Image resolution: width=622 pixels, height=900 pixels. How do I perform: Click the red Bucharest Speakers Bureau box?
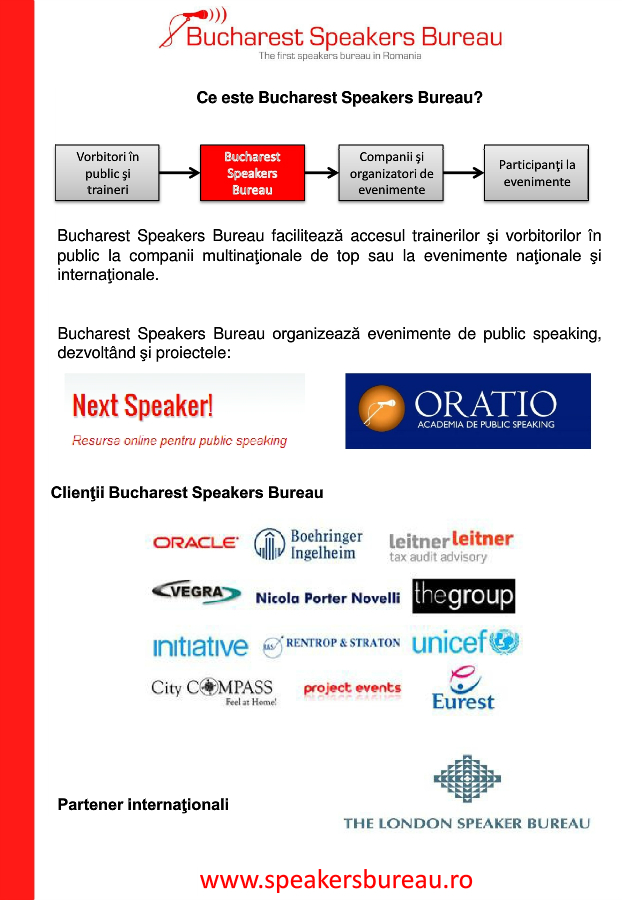pos(252,172)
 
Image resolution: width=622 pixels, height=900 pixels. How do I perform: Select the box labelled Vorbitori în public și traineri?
pos(107,172)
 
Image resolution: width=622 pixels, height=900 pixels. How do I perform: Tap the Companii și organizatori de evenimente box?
pos(391,172)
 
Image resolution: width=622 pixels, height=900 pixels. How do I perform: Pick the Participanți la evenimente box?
pos(537,172)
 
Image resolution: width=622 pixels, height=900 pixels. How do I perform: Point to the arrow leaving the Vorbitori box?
pos(179,172)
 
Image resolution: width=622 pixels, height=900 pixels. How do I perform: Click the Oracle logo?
pos(195,543)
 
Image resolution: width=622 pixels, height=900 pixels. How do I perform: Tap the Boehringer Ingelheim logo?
pos(308,545)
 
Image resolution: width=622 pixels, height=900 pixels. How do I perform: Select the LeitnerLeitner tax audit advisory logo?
pos(451,545)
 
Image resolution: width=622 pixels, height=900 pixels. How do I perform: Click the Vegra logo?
pos(196,592)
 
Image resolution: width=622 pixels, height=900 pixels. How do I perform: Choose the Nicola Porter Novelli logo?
pos(327,598)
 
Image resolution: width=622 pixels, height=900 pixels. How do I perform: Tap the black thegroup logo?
pos(463,596)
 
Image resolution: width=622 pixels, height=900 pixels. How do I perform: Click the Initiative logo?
pos(200,646)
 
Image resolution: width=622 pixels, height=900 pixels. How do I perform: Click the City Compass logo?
pos(213,690)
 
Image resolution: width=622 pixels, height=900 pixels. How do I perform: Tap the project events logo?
pos(351,689)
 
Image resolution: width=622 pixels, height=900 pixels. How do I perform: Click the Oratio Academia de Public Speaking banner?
pos(467,411)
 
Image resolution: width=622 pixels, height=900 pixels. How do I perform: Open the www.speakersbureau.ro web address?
pos(336,879)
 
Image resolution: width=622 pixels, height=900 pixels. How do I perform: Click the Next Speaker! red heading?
pos(142,406)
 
